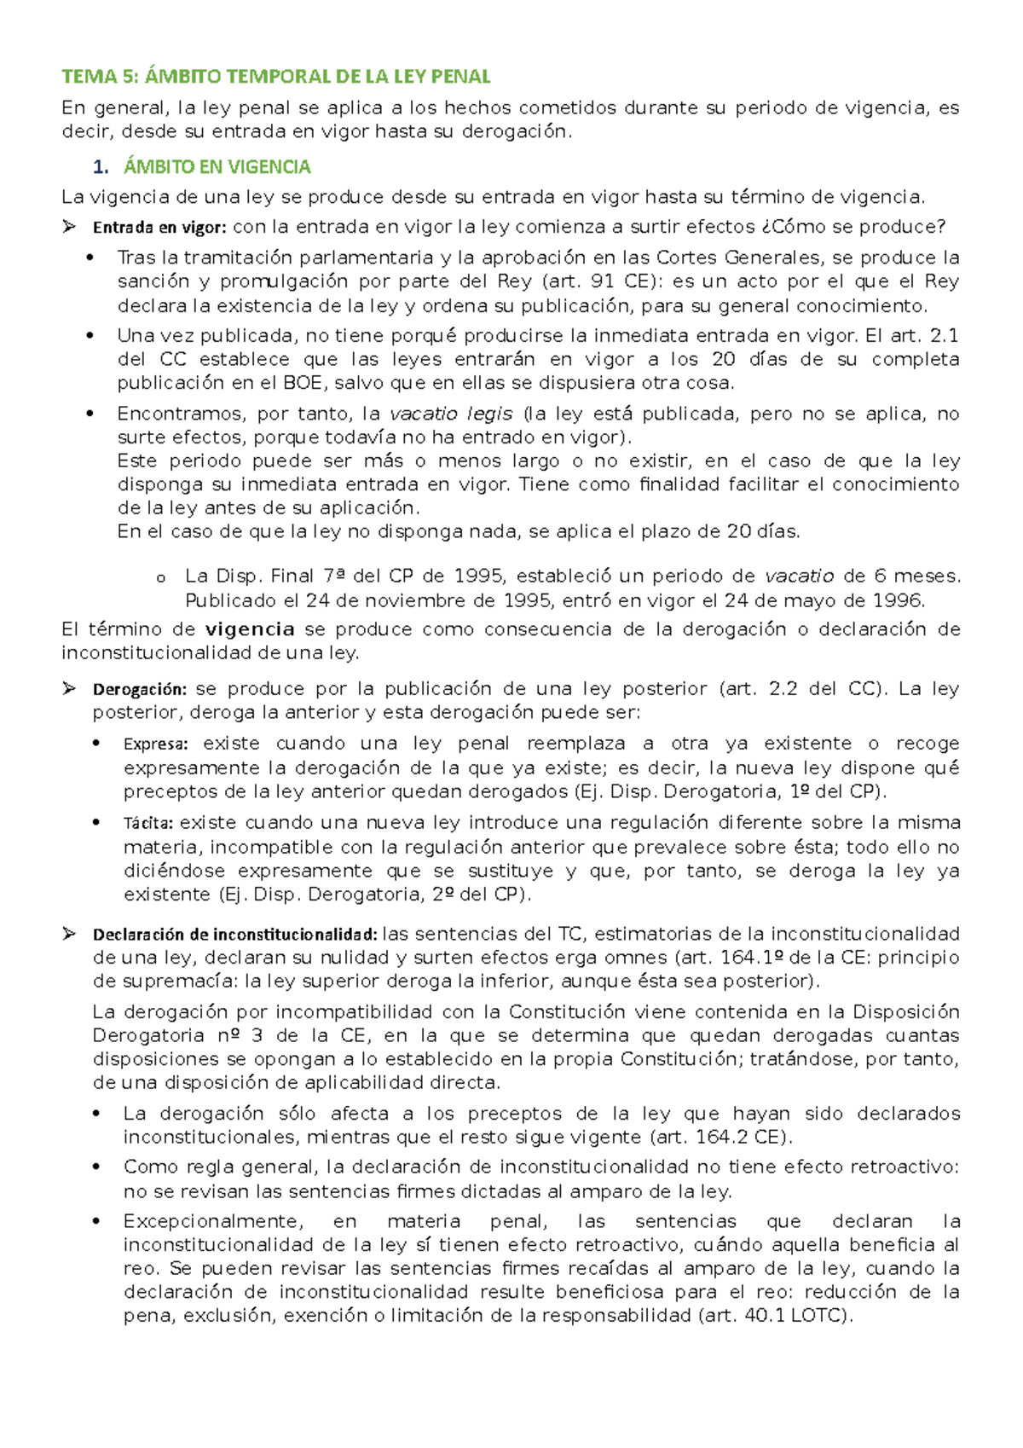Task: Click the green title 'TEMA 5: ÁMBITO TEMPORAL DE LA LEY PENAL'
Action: [275, 77]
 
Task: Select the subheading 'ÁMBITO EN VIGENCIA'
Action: [217, 166]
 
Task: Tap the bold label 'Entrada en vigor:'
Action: [159, 227]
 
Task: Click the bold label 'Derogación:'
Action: [139, 689]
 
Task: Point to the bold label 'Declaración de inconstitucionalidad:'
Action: [234, 934]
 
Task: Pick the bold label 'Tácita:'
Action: [148, 823]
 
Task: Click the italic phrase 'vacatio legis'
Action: [451, 414]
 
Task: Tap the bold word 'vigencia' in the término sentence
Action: [250, 629]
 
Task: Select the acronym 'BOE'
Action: [302, 383]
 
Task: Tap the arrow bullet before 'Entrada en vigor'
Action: [69, 227]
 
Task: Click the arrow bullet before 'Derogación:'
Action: [69, 689]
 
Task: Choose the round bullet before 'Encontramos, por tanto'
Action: [90, 414]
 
